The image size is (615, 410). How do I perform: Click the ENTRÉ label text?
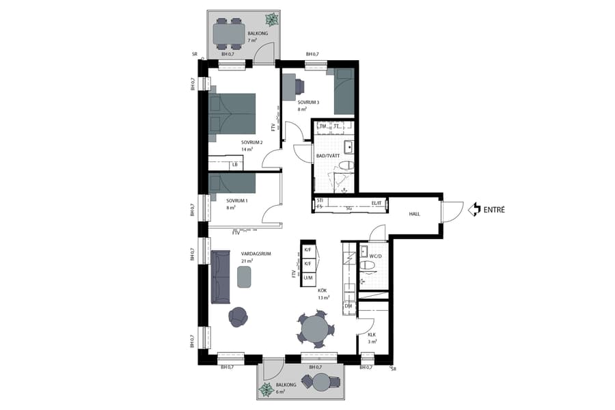[x=494, y=210]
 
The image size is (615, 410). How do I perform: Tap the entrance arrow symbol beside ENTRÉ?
[x=474, y=210]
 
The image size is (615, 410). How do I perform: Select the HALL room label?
[x=414, y=214]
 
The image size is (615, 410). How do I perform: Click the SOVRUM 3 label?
[x=308, y=102]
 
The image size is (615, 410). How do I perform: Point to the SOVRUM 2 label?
[x=251, y=142]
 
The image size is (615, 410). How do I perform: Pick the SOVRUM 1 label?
[x=236, y=200]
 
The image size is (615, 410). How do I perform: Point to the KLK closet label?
[x=372, y=335]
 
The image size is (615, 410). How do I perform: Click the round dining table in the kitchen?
[x=316, y=330]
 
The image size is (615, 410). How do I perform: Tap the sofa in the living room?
[x=220, y=277]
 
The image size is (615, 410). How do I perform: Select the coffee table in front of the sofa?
[x=245, y=276]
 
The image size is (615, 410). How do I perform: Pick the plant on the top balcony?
[x=271, y=18]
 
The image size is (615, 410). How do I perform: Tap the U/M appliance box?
[x=308, y=277]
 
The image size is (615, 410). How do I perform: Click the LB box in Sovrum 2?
[x=234, y=164]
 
